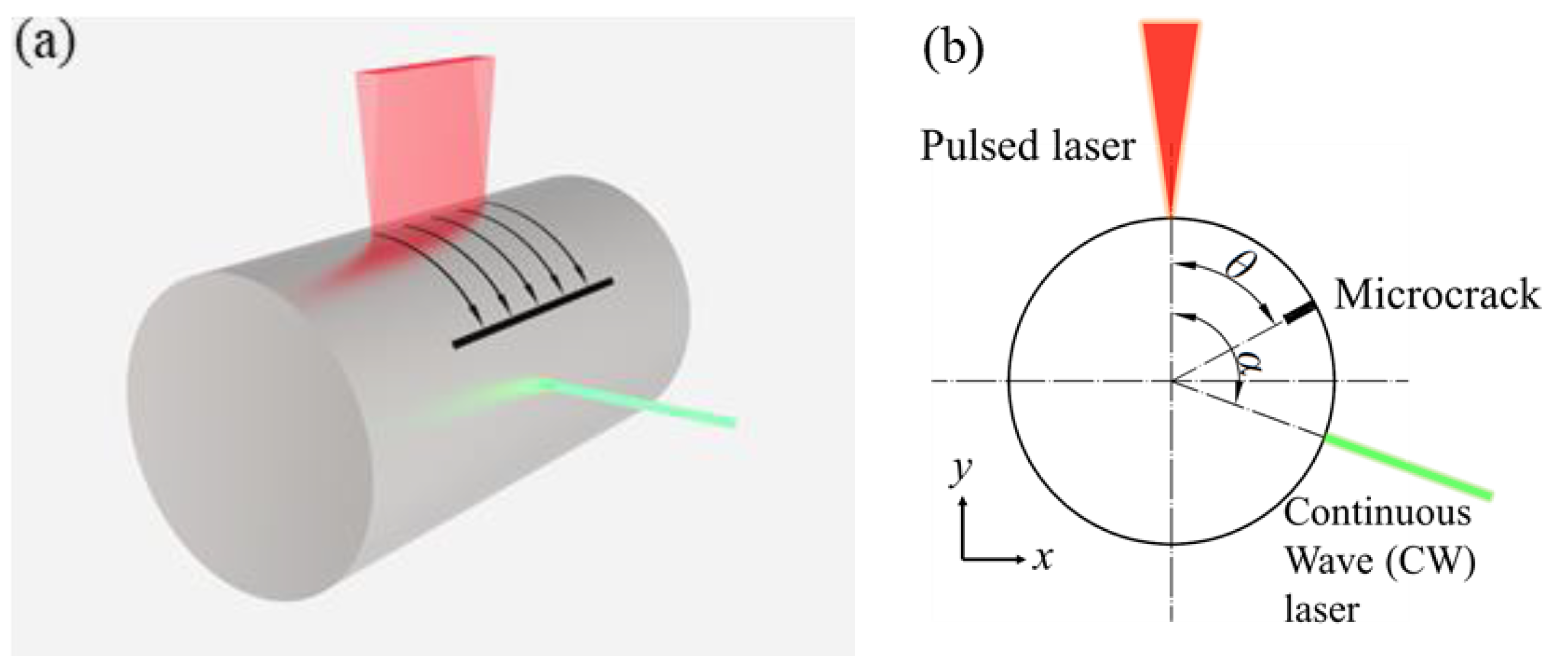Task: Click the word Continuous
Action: tap(1377, 513)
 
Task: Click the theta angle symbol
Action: tap(1240, 265)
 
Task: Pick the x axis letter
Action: tap(1042, 559)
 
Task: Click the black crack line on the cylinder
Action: tap(533, 313)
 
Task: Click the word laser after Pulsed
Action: tap(1091, 146)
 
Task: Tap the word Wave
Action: tap(1328, 561)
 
